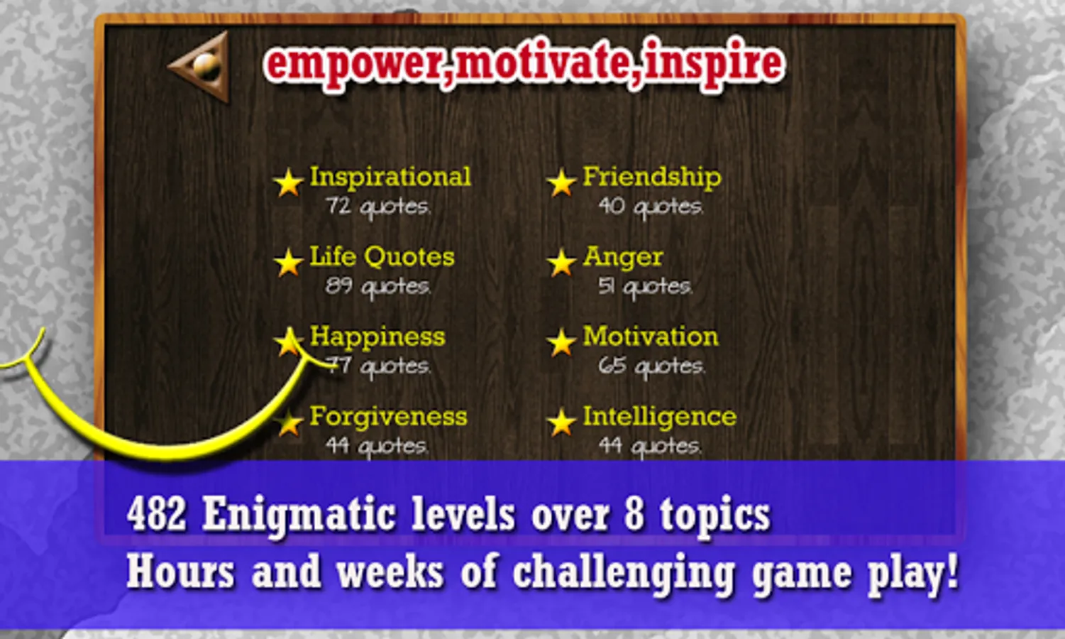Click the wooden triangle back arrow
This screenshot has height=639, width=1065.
[202, 67]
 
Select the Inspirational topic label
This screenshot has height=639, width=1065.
[390, 177]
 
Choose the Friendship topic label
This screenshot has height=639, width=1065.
[652, 177]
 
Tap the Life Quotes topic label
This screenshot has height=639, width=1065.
[382, 258]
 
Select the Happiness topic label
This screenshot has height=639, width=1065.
[377, 337]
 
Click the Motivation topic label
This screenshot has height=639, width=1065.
[651, 337]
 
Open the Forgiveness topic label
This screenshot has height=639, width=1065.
[388, 417]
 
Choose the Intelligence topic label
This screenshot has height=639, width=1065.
[660, 417]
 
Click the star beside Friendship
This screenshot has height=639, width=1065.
[561, 182]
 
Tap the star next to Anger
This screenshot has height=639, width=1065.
[561, 262]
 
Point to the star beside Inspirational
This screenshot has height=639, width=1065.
[289, 182]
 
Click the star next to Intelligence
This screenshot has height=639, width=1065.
[561, 422]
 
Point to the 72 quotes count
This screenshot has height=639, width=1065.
[378, 207]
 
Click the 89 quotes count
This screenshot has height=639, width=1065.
[378, 287]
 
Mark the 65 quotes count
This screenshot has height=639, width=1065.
[651, 367]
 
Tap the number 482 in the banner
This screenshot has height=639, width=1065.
[156, 514]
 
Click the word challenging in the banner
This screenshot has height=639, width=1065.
[624, 574]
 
